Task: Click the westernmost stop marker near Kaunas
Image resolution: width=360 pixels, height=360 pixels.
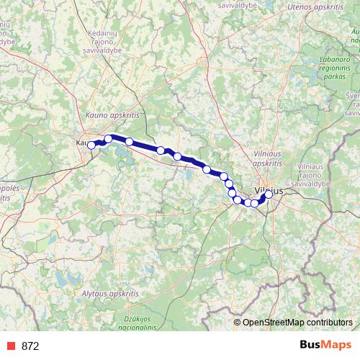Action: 91,145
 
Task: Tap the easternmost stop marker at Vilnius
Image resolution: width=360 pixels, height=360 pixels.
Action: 269,194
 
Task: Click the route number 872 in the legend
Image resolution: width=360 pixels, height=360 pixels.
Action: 30,346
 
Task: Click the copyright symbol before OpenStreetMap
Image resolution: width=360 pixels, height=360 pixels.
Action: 238,322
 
